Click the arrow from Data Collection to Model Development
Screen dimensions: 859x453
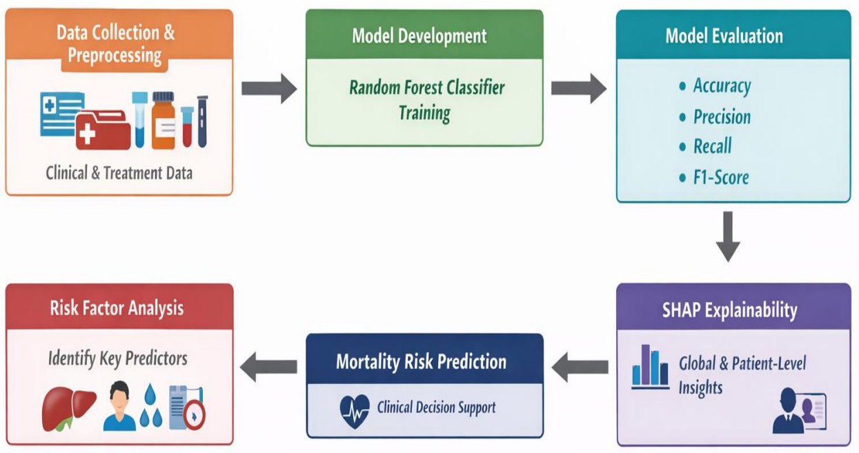click(x=269, y=88)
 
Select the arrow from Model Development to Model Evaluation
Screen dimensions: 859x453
click(x=579, y=88)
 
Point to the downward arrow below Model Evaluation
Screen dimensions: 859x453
click(x=728, y=236)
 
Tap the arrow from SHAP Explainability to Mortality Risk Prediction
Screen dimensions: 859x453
click(x=580, y=367)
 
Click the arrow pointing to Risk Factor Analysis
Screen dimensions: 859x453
click(x=268, y=367)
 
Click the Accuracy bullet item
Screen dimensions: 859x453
click(x=715, y=86)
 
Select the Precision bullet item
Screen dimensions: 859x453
click(x=715, y=117)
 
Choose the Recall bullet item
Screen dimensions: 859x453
click(x=705, y=146)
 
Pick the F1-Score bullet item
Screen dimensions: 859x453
click(x=713, y=177)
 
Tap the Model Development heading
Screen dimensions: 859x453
click(x=419, y=37)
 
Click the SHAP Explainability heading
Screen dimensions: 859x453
click(x=729, y=310)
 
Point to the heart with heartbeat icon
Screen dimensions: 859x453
click(x=355, y=411)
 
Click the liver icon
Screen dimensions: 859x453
click(x=68, y=409)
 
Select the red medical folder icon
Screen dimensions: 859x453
click(x=103, y=130)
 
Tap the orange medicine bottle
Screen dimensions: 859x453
click(x=164, y=120)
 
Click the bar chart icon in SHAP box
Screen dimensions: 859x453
click(x=651, y=367)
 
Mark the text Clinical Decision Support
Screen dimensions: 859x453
click(x=437, y=407)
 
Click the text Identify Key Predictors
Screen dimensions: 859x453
click(x=118, y=359)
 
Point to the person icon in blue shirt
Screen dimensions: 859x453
click(x=119, y=405)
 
